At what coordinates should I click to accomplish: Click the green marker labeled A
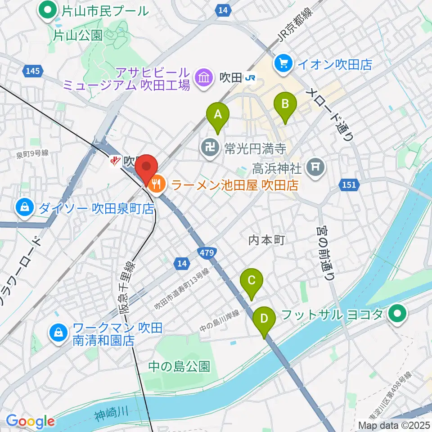pos(218,115)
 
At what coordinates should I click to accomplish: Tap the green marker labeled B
pos(285,105)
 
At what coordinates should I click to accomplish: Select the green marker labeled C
pos(252,281)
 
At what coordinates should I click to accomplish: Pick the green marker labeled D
pos(265,319)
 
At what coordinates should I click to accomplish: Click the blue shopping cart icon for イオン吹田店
pos(284,63)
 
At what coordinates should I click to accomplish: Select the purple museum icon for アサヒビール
pos(204,78)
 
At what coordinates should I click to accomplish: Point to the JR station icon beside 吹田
pos(250,78)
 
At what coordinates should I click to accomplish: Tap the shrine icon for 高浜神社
pos(315,167)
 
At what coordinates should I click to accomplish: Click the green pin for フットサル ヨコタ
pos(398,314)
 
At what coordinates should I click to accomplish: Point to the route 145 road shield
pos(33,71)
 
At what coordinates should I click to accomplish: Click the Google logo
pos(31,421)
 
